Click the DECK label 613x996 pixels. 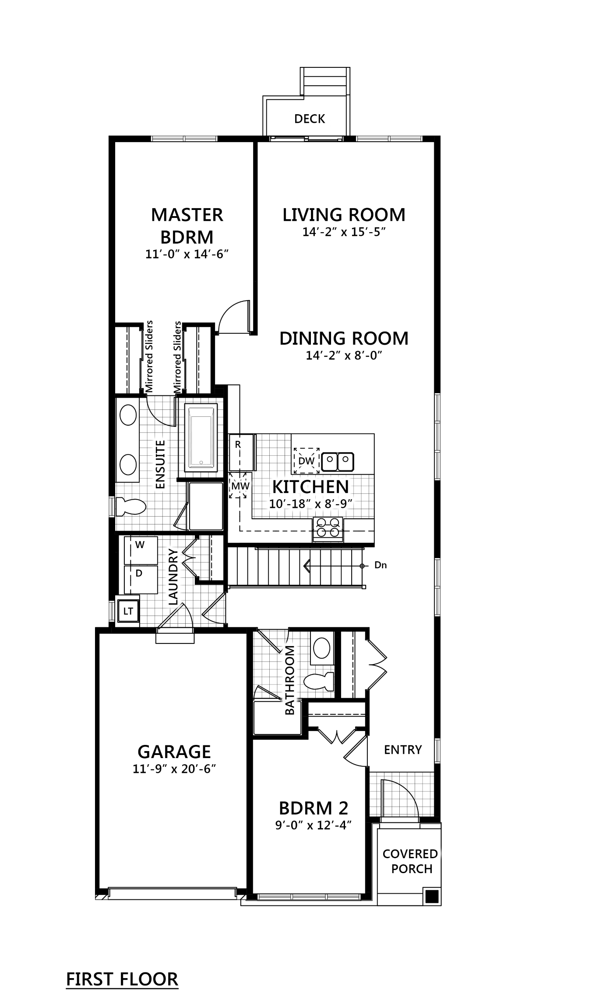310,119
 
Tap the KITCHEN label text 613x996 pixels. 310,486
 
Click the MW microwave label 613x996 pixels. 240,486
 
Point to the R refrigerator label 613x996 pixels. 238,445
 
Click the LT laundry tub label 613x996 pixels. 128,611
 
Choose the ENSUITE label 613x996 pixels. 160,464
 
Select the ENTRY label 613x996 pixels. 402,749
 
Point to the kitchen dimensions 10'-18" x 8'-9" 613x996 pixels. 310,503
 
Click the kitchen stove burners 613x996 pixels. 328,527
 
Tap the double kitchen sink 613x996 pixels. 338,460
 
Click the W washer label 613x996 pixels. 140,545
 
